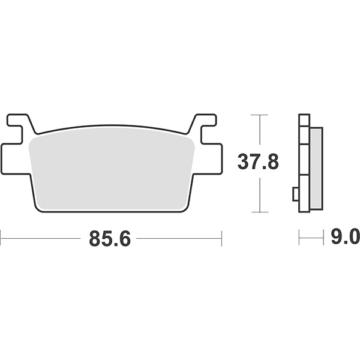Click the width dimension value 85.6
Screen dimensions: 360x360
point(110,238)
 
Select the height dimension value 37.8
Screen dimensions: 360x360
point(259,162)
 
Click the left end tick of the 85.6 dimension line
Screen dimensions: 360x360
point(1,238)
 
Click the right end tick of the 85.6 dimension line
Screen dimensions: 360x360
point(221,238)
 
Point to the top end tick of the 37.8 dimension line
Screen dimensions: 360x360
point(259,114)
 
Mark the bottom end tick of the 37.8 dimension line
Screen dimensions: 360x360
point(259,212)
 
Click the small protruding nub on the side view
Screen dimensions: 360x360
point(295,194)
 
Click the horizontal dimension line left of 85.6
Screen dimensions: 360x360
point(42,238)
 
